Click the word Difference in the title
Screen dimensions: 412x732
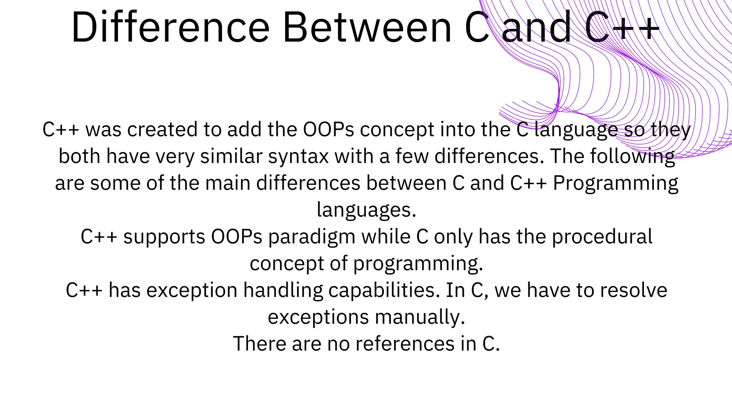coord(170,28)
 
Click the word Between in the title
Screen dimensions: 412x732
coord(367,28)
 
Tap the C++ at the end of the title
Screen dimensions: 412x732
coord(622,28)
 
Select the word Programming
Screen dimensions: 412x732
coord(615,183)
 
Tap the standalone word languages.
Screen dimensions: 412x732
coord(366,210)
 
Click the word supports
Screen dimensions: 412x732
coord(164,237)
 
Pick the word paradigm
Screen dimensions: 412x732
coord(312,237)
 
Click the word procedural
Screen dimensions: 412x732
coord(602,237)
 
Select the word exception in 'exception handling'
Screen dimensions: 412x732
coord(192,290)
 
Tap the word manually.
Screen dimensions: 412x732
coord(420,317)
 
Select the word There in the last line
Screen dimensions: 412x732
coord(259,344)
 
